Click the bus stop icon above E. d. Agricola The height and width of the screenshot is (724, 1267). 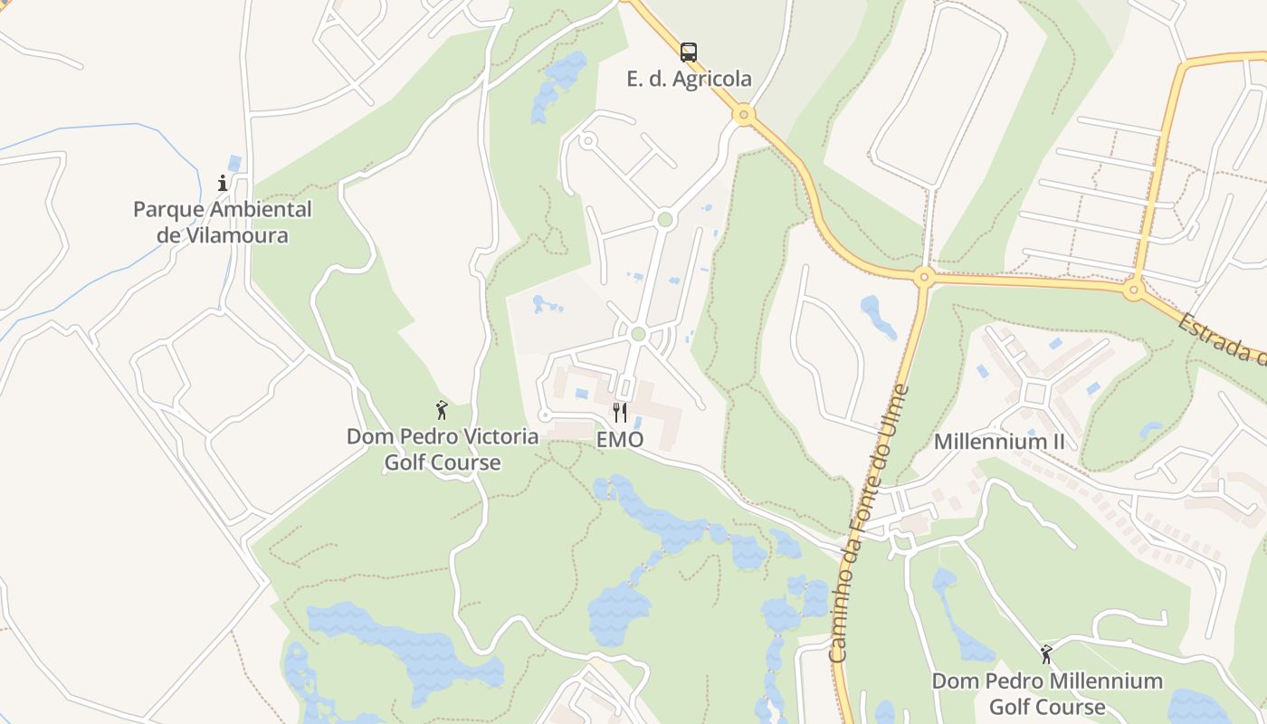(689, 52)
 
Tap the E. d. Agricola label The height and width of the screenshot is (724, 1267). (689, 79)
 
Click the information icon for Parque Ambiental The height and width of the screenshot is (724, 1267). (223, 183)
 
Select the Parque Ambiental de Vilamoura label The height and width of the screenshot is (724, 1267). (223, 223)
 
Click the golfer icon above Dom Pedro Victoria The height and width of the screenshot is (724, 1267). (442, 410)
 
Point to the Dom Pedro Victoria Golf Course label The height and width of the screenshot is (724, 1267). (443, 449)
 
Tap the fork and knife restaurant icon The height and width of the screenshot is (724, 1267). (620, 413)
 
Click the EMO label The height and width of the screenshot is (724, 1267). (620, 440)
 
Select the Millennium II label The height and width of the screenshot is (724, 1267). (999, 442)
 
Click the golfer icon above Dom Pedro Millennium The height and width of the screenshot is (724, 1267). (1047, 653)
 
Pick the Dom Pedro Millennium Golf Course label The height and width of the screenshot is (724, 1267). (1047, 693)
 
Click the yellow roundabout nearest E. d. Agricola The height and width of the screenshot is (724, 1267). (744, 115)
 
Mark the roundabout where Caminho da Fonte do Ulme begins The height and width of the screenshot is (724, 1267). (923, 277)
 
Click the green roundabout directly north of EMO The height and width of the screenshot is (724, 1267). (638, 334)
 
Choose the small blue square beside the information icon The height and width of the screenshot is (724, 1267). (235, 164)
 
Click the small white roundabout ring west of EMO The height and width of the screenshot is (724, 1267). (545, 415)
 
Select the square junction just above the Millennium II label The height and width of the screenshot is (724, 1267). (1034, 394)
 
